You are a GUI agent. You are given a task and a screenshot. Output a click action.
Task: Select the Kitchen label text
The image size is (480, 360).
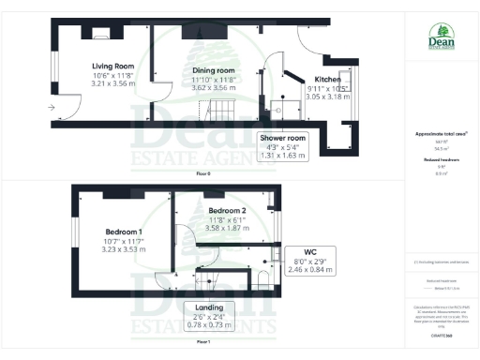[x=328, y=80]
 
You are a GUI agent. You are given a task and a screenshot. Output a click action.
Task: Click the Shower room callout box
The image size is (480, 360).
[x=289, y=146]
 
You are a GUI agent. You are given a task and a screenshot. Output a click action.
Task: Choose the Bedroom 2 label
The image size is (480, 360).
[x=227, y=211]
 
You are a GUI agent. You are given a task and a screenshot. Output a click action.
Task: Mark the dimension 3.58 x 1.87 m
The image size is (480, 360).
[x=227, y=228]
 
